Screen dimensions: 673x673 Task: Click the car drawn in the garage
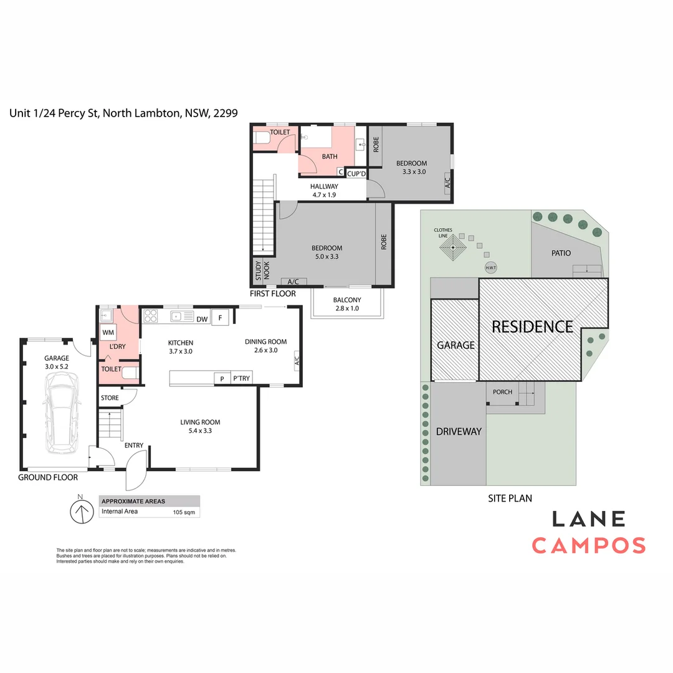click(x=62, y=413)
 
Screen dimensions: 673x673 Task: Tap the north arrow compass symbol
click(x=82, y=511)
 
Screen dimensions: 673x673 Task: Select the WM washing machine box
click(x=108, y=333)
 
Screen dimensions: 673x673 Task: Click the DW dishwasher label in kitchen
click(x=202, y=319)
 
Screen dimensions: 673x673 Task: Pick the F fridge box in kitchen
click(x=220, y=318)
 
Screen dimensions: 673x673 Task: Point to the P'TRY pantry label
click(x=241, y=378)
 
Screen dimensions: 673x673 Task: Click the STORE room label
click(x=110, y=398)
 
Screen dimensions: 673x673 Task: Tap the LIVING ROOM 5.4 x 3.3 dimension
click(x=201, y=431)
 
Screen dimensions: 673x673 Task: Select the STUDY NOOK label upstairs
click(x=262, y=270)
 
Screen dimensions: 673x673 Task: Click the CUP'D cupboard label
click(x=356, y=174)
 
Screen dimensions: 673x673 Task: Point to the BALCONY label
click(x=347, y=300)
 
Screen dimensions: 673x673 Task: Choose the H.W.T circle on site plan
click(x=490, y=268)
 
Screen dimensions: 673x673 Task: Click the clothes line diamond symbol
click(x=453, y=247)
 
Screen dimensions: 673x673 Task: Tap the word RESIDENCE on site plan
click(x=532, y=327)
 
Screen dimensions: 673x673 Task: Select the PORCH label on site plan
click(x=502, y=392)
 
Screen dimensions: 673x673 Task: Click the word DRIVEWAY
click(x=459, y=432)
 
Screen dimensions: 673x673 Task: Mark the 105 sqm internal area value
click(x=184, y=512)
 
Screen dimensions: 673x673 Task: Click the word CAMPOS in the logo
click(x=589, y=545)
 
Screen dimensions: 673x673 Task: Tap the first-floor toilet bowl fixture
click(x=262, y=138)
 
